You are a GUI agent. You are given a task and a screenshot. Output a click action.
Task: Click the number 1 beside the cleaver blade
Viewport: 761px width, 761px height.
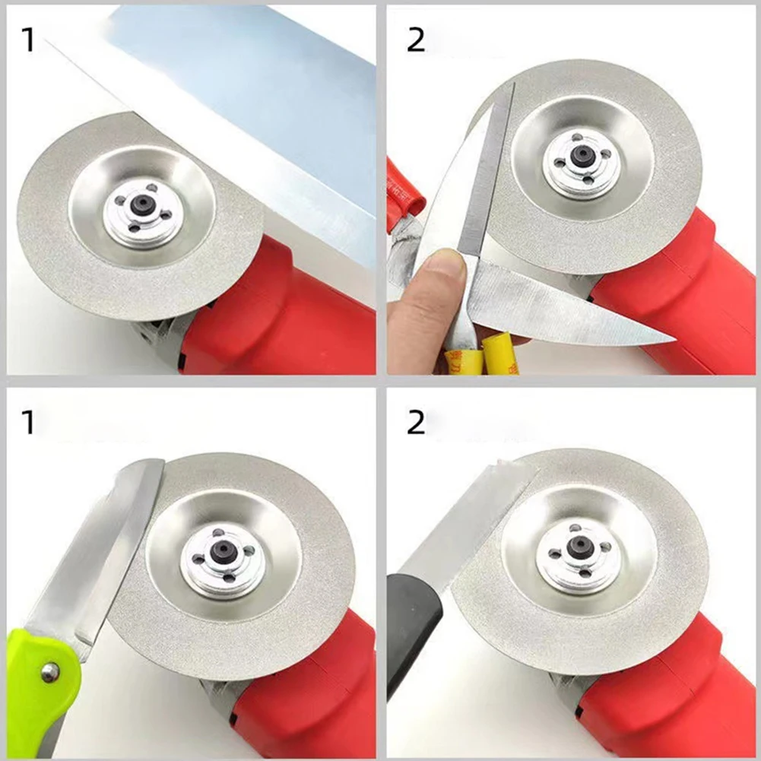coord(28,40)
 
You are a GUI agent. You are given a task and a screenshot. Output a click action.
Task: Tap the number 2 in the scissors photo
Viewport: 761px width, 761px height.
coord(416,40)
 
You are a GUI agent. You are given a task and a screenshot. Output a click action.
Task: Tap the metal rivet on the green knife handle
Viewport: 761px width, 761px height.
coord(50,671)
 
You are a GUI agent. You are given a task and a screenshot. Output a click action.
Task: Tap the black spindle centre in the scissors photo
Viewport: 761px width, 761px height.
coord(582,154)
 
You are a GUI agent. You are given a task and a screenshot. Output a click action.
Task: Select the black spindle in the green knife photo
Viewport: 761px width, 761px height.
coord(223,552)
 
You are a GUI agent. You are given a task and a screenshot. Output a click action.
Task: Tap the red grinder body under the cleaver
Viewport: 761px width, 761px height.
coord(289,319)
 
